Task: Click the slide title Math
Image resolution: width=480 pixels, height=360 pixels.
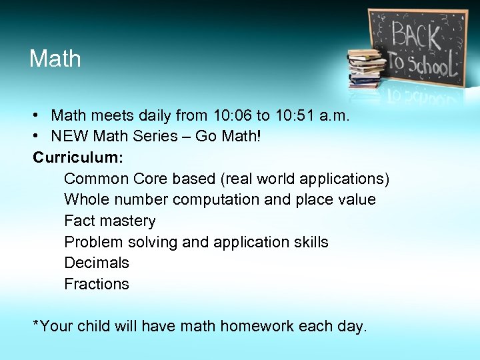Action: pos(55,59)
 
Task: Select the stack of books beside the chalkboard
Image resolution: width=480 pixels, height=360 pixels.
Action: pos(366,66)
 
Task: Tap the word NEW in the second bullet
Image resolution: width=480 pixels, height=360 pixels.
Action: pos(71,137)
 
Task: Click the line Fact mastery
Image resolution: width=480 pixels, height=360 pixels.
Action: pos(110,221)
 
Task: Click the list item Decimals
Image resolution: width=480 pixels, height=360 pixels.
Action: pos(97,263)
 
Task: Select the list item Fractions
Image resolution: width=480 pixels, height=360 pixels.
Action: pos(97,284)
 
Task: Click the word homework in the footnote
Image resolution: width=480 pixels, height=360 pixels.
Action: pos(257,326)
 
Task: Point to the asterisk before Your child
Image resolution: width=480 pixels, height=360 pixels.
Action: pos(37,324)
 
